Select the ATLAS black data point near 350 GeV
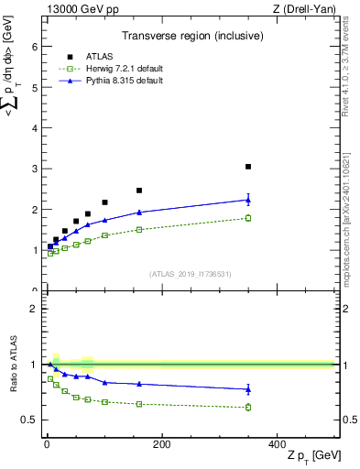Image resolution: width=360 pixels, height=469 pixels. pyautogui.click(x=248, y=167)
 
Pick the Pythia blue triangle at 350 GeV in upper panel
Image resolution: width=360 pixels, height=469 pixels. pyautogui.click(x=248, y=200)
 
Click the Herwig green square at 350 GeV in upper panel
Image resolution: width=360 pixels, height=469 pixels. pyautogui.click(x=248, y=218)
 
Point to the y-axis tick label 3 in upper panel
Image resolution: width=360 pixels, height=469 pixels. pyautogui.click(x=34, y=169)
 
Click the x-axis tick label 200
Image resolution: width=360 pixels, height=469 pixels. pyautogui.click(x=161, y=444)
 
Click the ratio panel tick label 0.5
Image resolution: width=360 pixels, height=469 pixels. pyautogui.click(x=29, y=420)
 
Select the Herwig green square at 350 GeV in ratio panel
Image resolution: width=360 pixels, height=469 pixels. pyautogui.click(x=248, y=407)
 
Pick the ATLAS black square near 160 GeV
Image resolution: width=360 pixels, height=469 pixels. pyautogui.click(x=139, y=191)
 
